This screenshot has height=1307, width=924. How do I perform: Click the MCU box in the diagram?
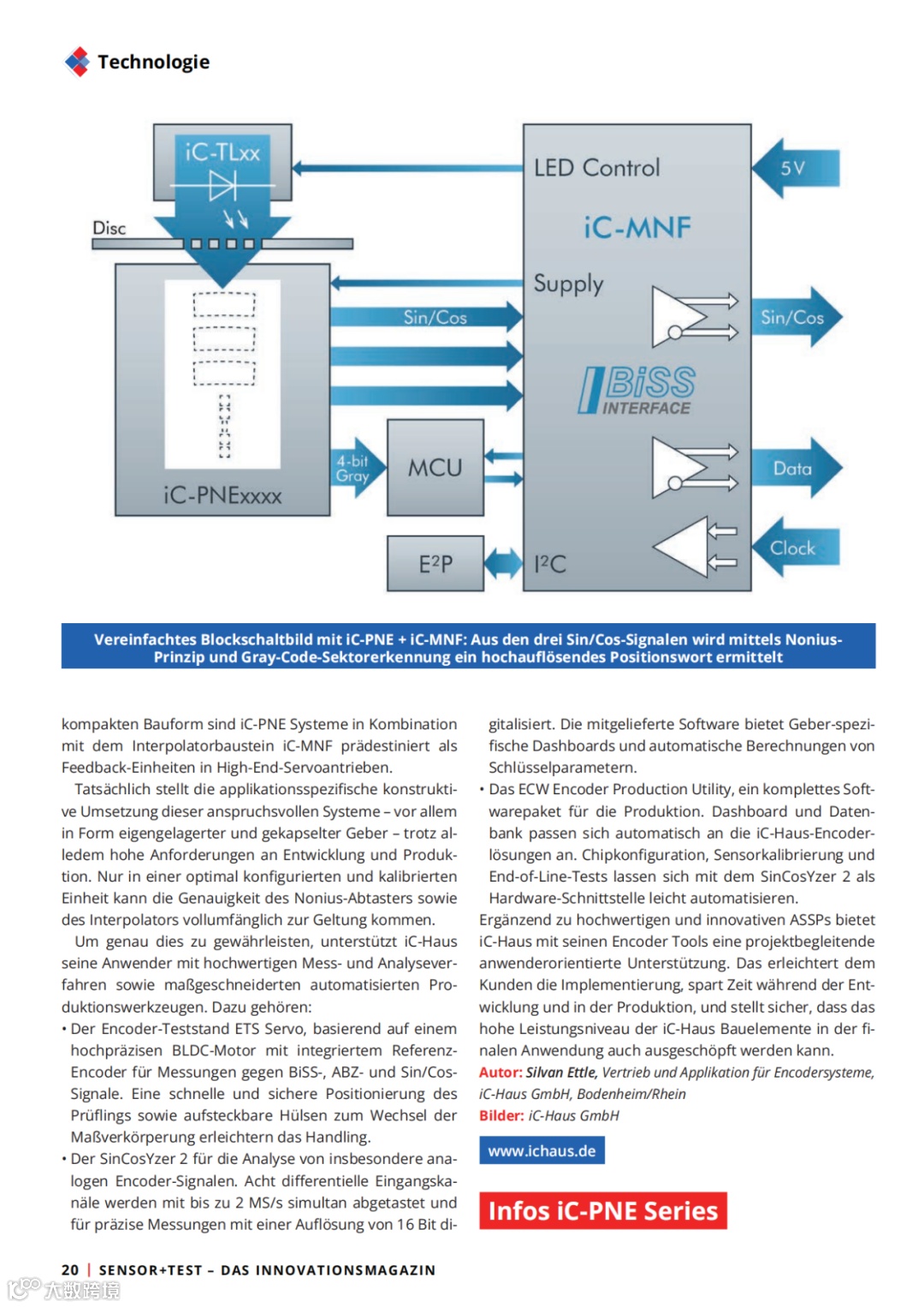(x=435, y=467)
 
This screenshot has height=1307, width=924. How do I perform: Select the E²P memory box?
(x=435, y=563)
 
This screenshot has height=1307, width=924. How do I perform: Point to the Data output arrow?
(x=796, y=468)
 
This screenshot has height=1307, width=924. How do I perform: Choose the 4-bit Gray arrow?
(x=352, y=468)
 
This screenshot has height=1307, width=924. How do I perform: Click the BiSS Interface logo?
(x=638, y=390)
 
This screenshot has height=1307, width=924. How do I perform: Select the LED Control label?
(x=596, y=168)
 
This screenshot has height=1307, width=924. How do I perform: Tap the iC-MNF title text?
(x=637, y=228)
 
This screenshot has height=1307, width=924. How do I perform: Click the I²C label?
(x=549, y=564)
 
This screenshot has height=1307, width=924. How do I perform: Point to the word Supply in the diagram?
(x=568, y=283)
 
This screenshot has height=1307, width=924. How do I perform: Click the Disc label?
(x=109, y=229)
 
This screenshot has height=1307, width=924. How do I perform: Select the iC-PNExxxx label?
(x=222, y=496)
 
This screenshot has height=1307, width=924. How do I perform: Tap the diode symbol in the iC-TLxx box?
(x=222, y=184)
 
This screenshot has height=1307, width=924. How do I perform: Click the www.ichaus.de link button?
(x=542, y=1151)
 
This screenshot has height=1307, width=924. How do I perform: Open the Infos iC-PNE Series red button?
(x=602, y=1211)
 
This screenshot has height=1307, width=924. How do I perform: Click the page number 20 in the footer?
(x=70, y=1270)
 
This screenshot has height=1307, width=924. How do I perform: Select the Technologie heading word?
(x=153, y=62)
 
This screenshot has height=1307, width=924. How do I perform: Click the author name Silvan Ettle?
(x=560, y=1072)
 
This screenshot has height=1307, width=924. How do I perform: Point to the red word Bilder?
(x=501, y=1116)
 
